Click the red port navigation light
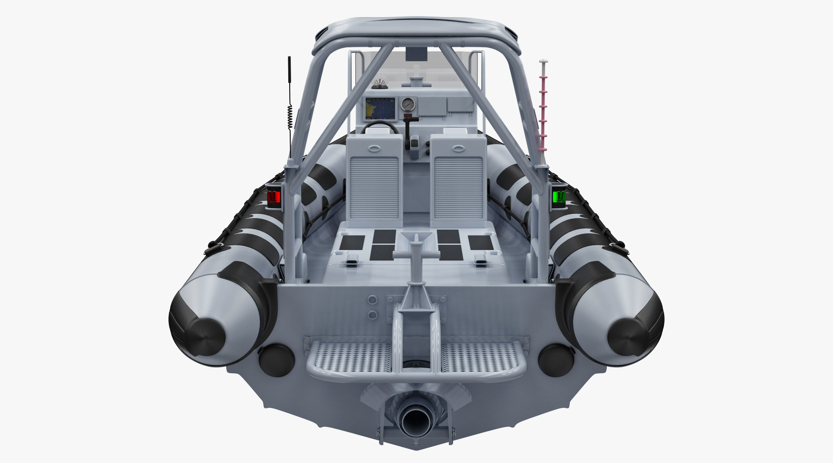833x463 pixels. pyautogui.click(x=274, y=197)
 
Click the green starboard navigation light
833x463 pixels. pyautogui.click(x=559, y=196)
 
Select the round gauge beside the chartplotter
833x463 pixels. pyautogui.click(x=408, y=105)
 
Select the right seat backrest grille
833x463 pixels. pyautogui.click(x=458, y=188)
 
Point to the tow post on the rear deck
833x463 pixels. pyautogui.click(x=416, y=259)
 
